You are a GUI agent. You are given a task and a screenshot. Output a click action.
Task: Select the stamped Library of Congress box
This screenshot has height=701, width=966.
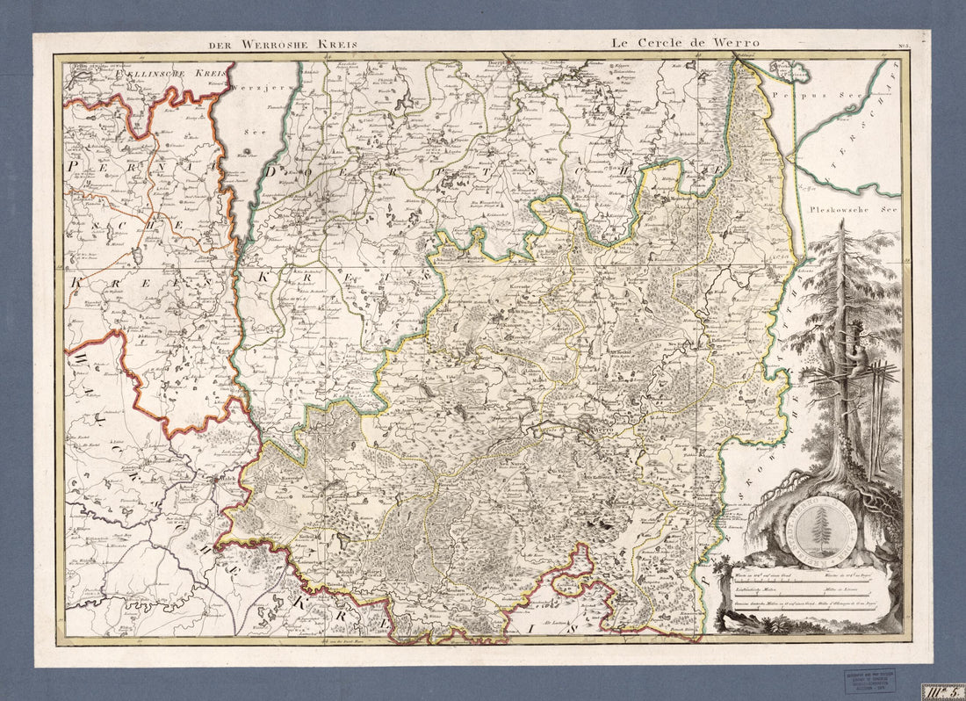(870, 680)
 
